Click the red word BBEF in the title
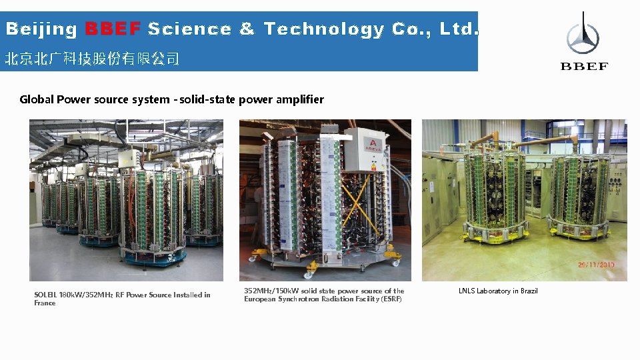[113, 29]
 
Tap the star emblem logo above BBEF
[583, 37]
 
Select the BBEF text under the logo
[584, 66]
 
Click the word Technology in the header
[324, 29]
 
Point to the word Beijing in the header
[42, 29]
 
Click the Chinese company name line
[92, 59]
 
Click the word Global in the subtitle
[37, 99]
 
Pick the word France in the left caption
[45, 303]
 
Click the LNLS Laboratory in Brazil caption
[498, 291]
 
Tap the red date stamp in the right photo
[597, 265]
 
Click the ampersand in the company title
[247, 29]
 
